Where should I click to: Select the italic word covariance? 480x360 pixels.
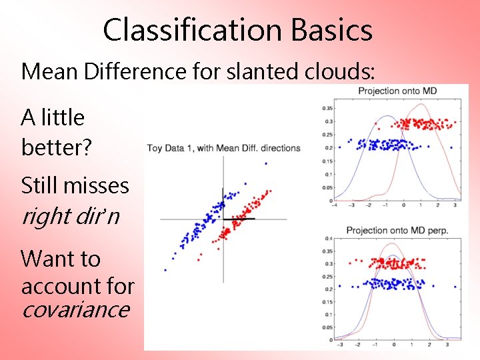click(75, 309)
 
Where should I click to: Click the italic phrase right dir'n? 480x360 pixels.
click(70, 215)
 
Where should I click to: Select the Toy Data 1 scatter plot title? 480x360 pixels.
click(223, 148)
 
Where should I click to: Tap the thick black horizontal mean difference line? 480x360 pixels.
click(238, 219)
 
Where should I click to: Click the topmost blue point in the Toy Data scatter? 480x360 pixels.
click(266, 163)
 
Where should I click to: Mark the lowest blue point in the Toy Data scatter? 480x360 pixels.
click(165, 270)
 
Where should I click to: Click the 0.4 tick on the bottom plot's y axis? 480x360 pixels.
click(328, 239)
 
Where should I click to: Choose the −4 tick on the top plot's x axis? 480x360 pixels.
click(336, 205)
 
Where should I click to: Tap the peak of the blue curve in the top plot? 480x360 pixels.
click(383, 116)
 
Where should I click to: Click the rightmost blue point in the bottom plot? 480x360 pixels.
click(455, 287)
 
